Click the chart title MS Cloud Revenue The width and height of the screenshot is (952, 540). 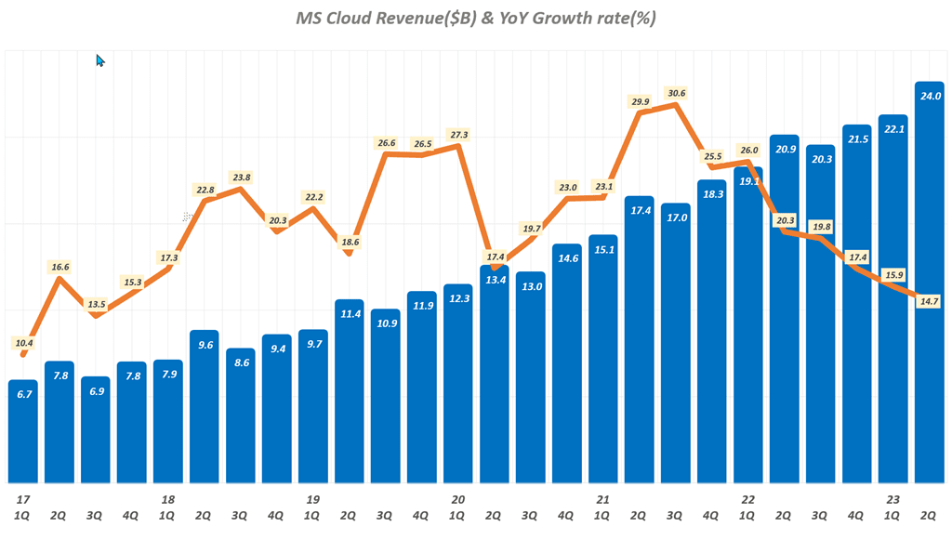coord(476,18)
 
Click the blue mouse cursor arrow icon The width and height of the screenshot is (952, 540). coord(100,60)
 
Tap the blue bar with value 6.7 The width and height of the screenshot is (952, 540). coord(23,431)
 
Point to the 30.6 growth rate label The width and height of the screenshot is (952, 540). coord(676,93)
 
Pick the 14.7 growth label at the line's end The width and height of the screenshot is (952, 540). coord(928,301)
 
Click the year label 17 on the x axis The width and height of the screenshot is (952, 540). coord(23,499)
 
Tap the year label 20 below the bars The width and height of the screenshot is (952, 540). coord(457,499)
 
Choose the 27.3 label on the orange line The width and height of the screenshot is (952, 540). coord(458,135)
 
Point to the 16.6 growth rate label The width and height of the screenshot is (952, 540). coord(60,267)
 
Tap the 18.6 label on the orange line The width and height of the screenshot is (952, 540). coord(349,242)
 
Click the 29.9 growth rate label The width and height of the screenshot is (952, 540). coord(640,101)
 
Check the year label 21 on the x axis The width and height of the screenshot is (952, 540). coord(602,499)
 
